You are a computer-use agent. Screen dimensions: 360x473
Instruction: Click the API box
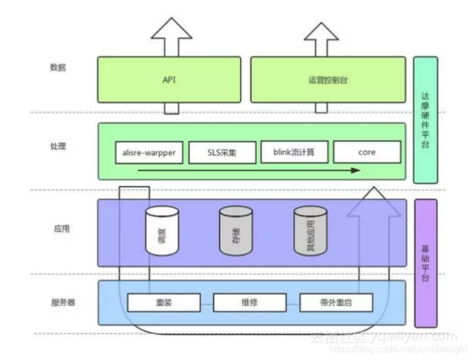(169, 79)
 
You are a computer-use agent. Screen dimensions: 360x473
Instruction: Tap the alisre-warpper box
(149, 152)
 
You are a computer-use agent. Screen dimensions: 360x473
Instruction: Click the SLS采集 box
(222, 152)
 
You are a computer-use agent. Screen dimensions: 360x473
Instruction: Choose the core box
(367, 152)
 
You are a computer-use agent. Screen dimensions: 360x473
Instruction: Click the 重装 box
(163, 302)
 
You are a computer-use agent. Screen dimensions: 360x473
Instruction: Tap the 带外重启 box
(336, 302)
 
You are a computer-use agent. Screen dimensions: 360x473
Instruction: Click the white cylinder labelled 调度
(162, 232)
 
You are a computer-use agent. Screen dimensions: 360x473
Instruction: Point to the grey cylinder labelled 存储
(235, 232)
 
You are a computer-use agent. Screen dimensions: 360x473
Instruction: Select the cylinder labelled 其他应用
(310, 232)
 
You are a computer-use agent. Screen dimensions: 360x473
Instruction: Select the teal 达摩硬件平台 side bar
(425, 119)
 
